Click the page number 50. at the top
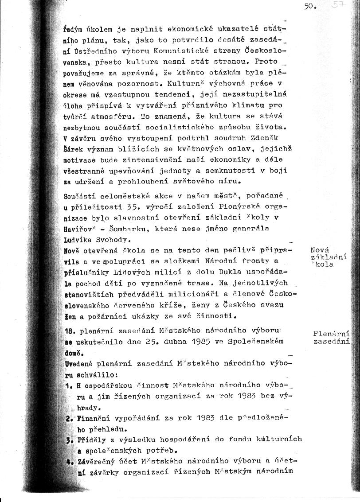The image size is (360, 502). [x=309, y=7]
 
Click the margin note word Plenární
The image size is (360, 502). [x=331, y=334]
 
